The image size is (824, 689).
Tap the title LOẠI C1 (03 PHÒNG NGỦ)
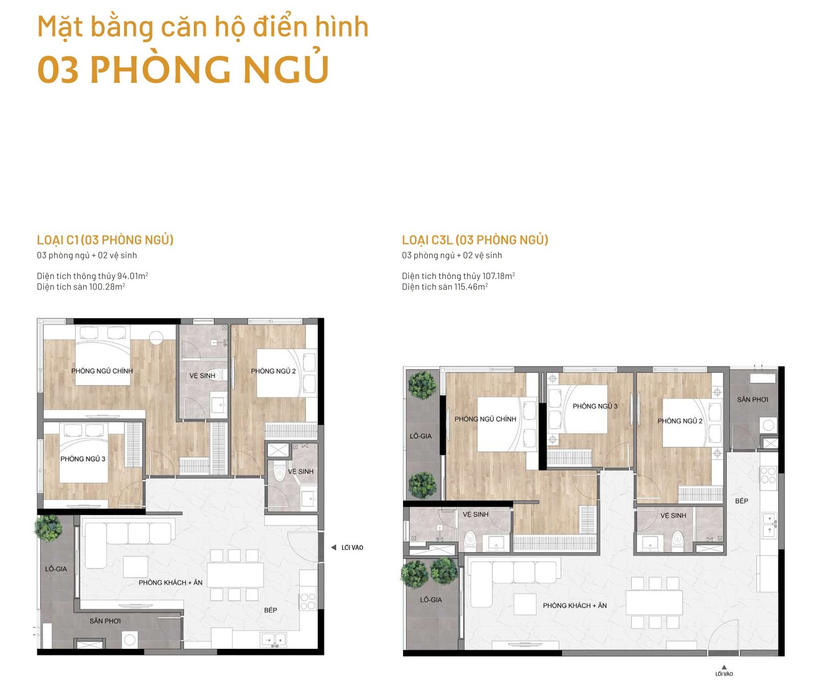105,240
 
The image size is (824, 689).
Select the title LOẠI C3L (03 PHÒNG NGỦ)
475,240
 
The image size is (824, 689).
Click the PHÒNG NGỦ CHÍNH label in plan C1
102,371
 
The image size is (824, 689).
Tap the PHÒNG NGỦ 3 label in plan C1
83,459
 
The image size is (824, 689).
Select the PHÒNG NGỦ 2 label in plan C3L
680,421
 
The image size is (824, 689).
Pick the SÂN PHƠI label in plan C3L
752,400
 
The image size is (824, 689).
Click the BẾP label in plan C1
271,610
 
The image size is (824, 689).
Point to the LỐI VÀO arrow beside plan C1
334,547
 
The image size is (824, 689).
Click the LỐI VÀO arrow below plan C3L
724,667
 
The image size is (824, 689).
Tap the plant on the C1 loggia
49,528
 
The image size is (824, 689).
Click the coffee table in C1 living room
135,567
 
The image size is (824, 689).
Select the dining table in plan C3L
654,603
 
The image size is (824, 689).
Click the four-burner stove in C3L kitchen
768,475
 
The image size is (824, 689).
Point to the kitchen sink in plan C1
273,640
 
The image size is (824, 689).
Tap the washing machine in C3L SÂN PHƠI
768,425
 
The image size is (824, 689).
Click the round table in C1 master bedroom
156,338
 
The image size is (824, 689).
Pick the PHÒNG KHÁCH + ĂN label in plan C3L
575,605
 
